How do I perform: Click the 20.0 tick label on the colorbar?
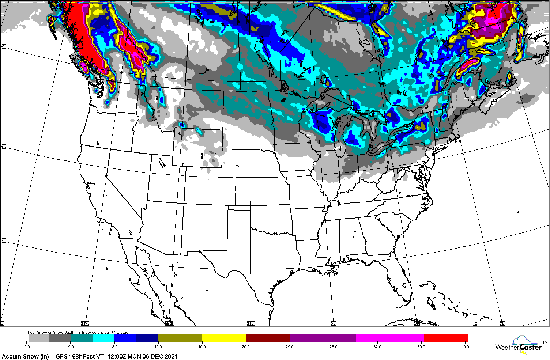(x=246, y=346)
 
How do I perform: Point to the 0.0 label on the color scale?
(x=27, y=346)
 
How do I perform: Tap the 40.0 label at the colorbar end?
(x=464, y=346)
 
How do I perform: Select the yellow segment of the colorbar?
(x=224, y=338)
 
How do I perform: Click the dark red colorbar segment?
(x=268, y=338)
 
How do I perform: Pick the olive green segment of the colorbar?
(x=180, y=338)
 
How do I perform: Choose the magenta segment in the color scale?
(x=389, y=338)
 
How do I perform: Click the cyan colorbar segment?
(x=103, y=338)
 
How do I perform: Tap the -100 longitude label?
(x=251, y=323)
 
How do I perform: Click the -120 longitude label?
(x=85, y=323)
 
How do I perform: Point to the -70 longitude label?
(x=502, y=323)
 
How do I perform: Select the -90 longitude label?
(x=334, y=323)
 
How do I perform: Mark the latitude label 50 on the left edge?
(x=4, y=46)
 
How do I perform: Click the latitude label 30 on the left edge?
(x=4, y=240)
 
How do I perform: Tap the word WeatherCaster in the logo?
(x=518, y=347)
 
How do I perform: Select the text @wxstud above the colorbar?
(x=121, y=333)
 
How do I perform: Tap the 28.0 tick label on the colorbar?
(x=334, y=346)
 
